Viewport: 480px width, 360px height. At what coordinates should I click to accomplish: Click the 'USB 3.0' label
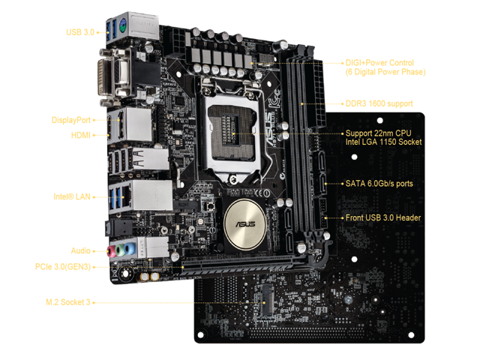tap(80, 32)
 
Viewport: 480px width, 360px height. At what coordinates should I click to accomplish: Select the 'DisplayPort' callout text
tap(71, 120)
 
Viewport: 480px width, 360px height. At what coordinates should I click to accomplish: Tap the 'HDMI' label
tap(81, 135)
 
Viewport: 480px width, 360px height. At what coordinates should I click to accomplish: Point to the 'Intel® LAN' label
tap(72, 196)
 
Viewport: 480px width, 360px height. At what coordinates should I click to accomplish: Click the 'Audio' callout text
tap(81, 250)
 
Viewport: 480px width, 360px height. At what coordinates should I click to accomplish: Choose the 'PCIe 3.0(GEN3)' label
tap(63, 267)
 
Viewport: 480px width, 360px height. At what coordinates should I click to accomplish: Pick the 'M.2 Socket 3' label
tap(68, 302)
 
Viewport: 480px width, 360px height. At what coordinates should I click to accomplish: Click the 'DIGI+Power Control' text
tap(379, 63)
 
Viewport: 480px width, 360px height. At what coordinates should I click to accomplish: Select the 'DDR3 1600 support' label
tap(379, 103)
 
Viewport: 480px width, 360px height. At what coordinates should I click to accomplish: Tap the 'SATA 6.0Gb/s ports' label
tap(379, 183)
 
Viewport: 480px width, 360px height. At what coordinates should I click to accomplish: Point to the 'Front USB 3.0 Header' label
tap(383, 217)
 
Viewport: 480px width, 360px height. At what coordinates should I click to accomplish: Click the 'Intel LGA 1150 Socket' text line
tap(383, 142)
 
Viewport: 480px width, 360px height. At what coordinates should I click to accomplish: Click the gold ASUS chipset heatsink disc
tap(245, 224)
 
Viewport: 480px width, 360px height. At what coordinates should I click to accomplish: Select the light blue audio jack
tap(130, 248)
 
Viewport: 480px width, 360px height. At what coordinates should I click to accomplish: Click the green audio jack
tap(120, 250)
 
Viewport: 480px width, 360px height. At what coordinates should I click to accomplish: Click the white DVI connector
tap(105, 77)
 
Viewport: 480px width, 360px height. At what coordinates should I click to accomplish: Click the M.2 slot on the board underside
tap(267, 300)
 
